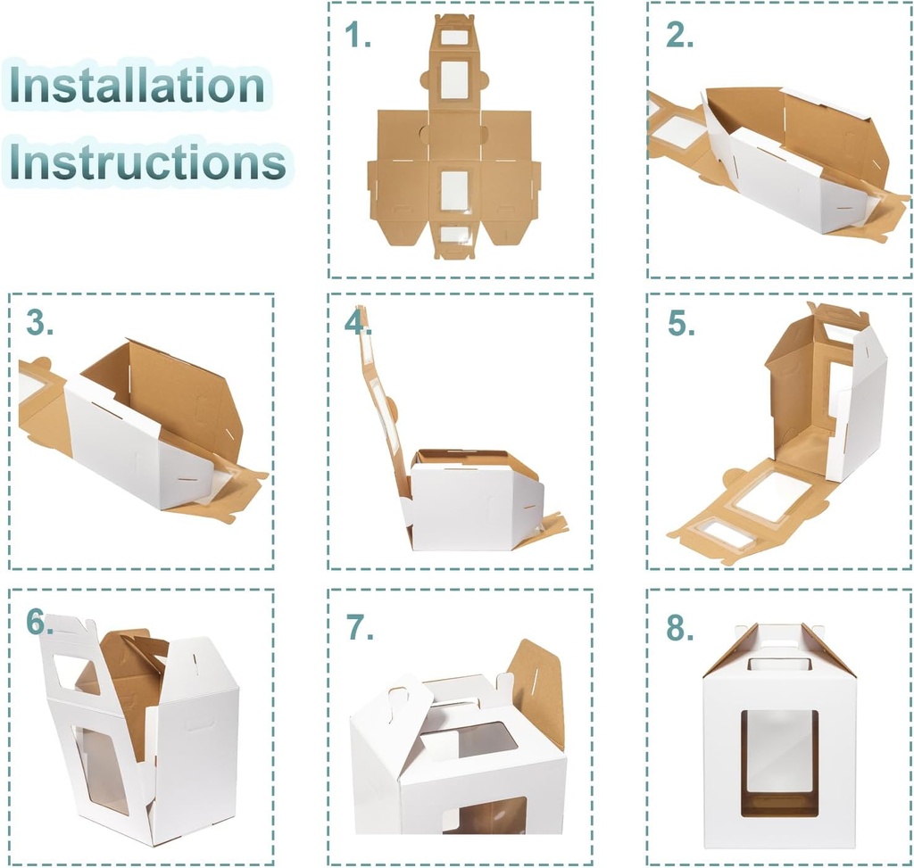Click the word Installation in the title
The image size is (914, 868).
(138, 86)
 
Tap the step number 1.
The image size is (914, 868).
(358, 35)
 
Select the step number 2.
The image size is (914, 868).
(680, 35)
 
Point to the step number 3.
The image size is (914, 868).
(39, 324)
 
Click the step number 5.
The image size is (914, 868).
(681, 324)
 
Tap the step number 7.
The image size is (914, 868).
(359, 628)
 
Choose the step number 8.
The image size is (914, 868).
(680, 628)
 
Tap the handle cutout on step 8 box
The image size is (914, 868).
(780, 663)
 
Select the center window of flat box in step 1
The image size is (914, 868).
(454, 190)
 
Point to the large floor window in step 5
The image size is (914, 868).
(773, 496)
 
